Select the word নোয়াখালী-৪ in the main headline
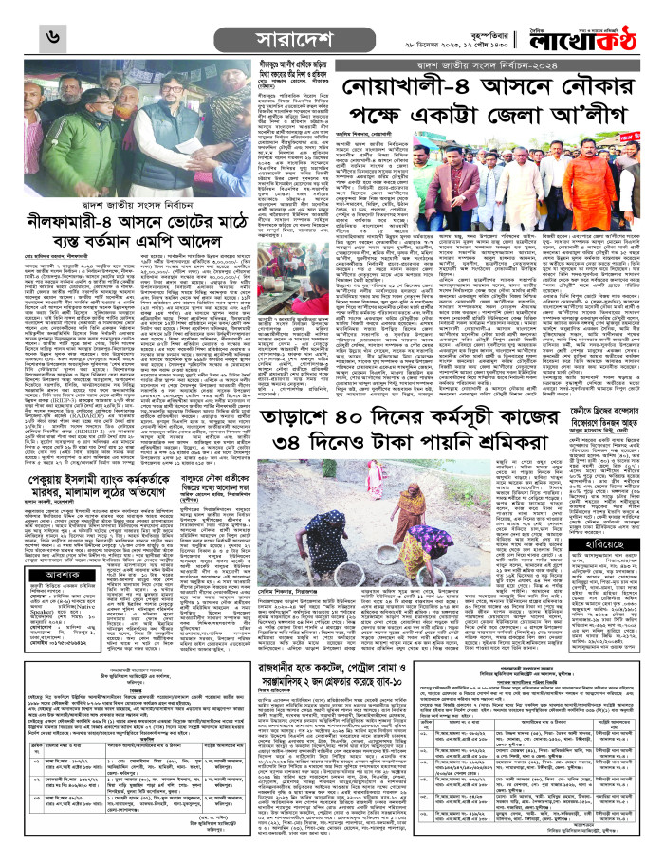coord(403,92)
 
